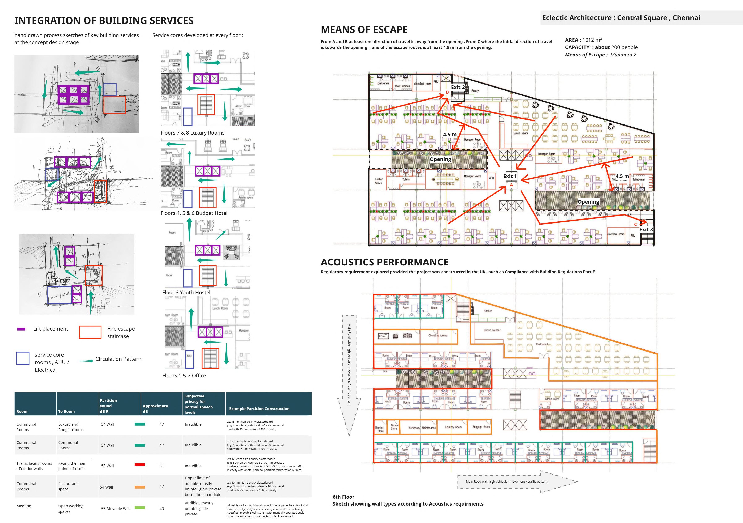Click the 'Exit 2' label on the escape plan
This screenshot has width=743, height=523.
point(458,87)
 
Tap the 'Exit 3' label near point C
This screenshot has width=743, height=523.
point(646,229)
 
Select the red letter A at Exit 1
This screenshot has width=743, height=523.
point(511,185)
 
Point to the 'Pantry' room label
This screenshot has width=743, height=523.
point(475,91)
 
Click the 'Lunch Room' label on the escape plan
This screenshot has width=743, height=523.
point(520,133)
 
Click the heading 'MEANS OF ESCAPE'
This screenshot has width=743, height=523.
point(364,30)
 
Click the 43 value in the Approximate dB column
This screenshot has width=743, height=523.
point(161,509)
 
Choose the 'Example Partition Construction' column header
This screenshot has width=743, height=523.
point(259,409)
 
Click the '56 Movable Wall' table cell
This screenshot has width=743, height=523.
point(116,509)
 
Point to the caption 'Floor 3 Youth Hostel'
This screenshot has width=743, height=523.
point(186,292)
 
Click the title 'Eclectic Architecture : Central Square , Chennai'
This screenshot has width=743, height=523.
point(621,18)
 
